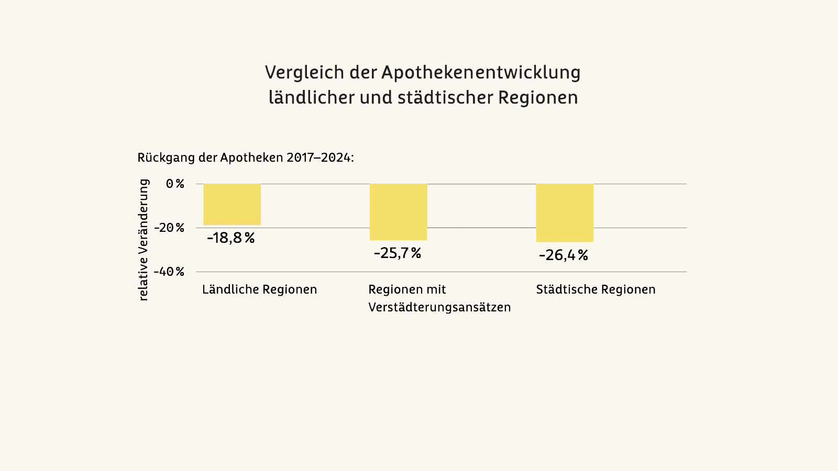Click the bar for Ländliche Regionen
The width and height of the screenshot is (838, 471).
tap(232, 204)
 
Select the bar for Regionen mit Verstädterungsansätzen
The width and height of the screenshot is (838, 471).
tap(399, 212)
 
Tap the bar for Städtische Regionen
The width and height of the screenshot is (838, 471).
tap(565, 213)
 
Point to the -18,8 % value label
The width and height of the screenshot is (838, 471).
tap(231, 238)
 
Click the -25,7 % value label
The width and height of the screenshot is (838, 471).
tap(398, 253)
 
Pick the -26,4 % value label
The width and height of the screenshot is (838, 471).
tap(564, 255)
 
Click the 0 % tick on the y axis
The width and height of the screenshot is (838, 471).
tap(175, 184)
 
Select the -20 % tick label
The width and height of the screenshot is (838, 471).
tap(169, 228)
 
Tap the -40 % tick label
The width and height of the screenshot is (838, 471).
tap(169, 272)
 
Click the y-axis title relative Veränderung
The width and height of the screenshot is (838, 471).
tap(144, 240)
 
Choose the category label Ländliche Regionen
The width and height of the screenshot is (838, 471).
tap(259, 289)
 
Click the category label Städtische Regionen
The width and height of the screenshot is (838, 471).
tap(596, 289)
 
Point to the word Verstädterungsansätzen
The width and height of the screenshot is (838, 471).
tap(439, 307)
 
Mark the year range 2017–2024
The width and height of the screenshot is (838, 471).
tap(318, 158)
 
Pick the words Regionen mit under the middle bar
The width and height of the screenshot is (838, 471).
tap(407, 289)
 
